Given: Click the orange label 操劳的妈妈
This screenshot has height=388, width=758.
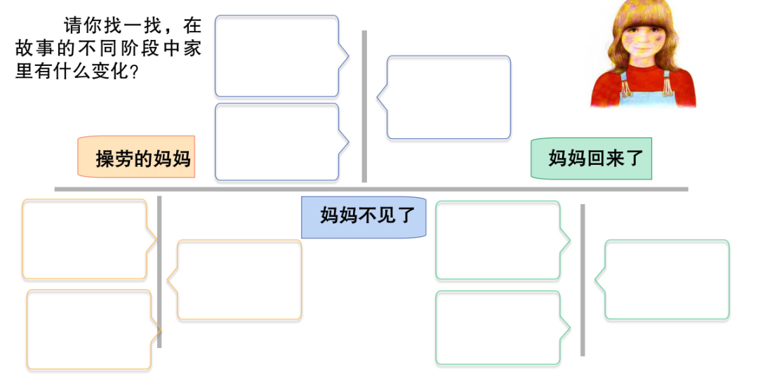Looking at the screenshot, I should pos(135,157).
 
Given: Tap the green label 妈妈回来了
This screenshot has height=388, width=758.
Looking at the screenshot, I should pos(591,158).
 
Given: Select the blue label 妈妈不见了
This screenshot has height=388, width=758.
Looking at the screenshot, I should pos(364,216).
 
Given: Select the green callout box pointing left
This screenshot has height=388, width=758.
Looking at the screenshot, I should pos(667,280).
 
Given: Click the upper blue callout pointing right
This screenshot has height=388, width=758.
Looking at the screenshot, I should pos(277,56).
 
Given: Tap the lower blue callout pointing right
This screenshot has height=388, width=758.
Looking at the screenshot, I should pos(277,142).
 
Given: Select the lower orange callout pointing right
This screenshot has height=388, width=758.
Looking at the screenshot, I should pos(89,330).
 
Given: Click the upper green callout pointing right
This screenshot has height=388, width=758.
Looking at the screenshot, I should pos(498,241).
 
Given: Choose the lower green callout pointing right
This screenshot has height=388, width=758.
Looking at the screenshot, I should pos(498,328).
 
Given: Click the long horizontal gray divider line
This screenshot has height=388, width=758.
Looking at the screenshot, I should pos(371,189).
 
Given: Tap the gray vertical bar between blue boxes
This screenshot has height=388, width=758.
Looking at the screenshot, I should pos(364,105).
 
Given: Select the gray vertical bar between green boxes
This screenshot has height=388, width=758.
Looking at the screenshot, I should pos(583,279).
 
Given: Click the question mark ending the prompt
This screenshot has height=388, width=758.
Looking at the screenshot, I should pos(134,73).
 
